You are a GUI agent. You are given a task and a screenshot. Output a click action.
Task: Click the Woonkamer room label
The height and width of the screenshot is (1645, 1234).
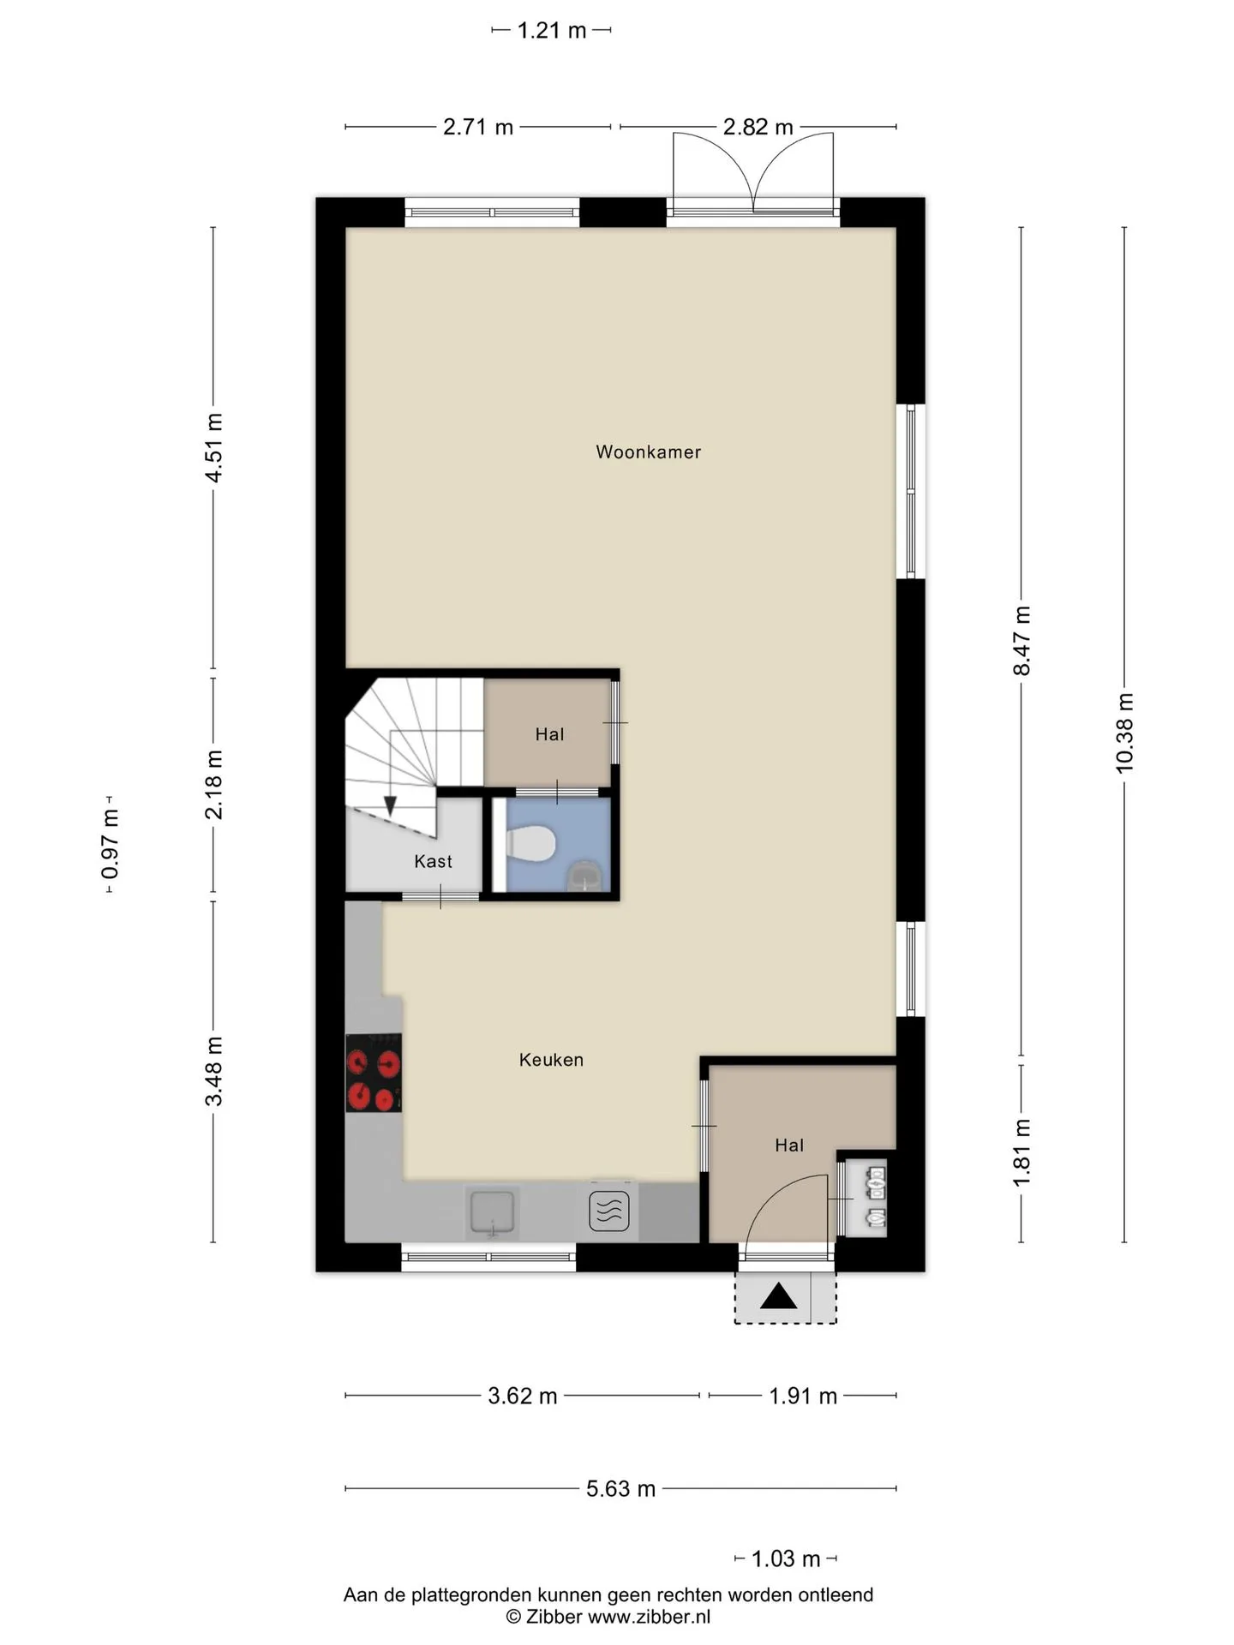(x=648, y=452)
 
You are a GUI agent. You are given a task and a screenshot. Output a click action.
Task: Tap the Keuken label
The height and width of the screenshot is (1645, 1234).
(x=551, y=1060)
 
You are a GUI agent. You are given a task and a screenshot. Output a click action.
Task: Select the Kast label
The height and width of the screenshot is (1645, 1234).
(x=433, y=861)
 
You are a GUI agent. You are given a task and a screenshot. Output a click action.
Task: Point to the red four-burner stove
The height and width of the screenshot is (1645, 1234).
(x=374, y=1073)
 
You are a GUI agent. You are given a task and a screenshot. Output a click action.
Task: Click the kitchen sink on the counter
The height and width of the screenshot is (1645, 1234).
(x=492, y=1212)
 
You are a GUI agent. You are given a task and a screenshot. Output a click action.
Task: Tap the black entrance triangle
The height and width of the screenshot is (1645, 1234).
(x=779, y=1296)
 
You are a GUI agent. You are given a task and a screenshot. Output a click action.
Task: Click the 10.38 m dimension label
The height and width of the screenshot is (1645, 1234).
(x=1124, y=733)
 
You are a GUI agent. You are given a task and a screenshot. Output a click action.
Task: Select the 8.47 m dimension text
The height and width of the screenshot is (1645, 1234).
(x=1021, y=640)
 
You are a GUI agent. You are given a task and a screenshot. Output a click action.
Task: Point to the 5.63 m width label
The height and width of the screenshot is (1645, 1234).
(x=620, y=1488)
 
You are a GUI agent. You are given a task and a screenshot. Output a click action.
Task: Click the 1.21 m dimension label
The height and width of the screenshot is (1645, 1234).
(x=551, y=31)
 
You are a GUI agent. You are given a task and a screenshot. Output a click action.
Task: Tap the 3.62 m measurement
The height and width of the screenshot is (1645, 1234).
(x=522, y=1396)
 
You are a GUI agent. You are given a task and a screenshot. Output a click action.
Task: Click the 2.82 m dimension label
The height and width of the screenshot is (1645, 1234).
(x=758, y=127)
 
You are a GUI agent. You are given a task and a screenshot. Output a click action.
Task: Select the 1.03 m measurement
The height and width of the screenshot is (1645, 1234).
(x=786, y=1558)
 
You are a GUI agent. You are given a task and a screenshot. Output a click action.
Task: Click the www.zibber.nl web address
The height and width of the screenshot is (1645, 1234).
(x=649, y=1617)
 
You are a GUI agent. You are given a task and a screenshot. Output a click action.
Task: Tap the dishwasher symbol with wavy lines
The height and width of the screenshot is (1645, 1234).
(x=609, y=1211)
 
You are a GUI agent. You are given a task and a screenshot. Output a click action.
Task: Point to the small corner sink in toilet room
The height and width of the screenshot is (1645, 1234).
(x=586, y=876)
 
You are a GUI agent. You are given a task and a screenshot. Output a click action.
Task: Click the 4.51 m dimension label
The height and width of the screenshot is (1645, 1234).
(x=213, y=447)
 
